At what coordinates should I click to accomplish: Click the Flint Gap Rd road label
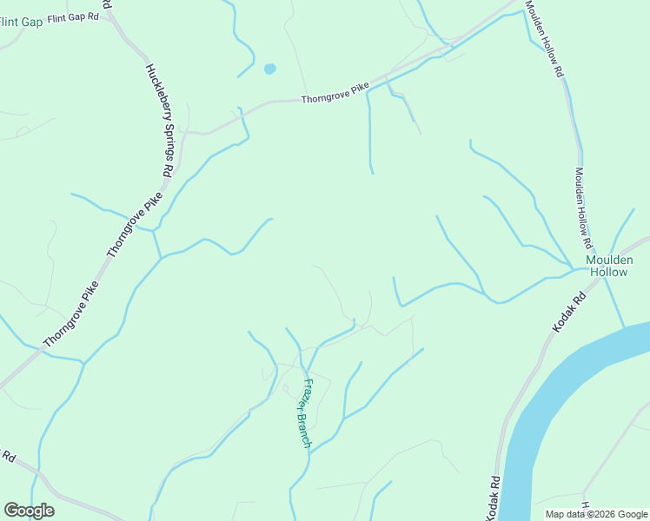(74, 17)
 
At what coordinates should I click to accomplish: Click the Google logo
(29, 511)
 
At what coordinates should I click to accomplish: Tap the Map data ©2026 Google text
(596, 514)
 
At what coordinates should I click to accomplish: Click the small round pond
(269, 68)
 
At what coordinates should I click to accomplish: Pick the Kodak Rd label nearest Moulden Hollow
(570, 310)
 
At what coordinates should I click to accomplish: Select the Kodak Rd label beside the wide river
(495, 497)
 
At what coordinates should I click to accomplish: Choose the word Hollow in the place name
(608, 272)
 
